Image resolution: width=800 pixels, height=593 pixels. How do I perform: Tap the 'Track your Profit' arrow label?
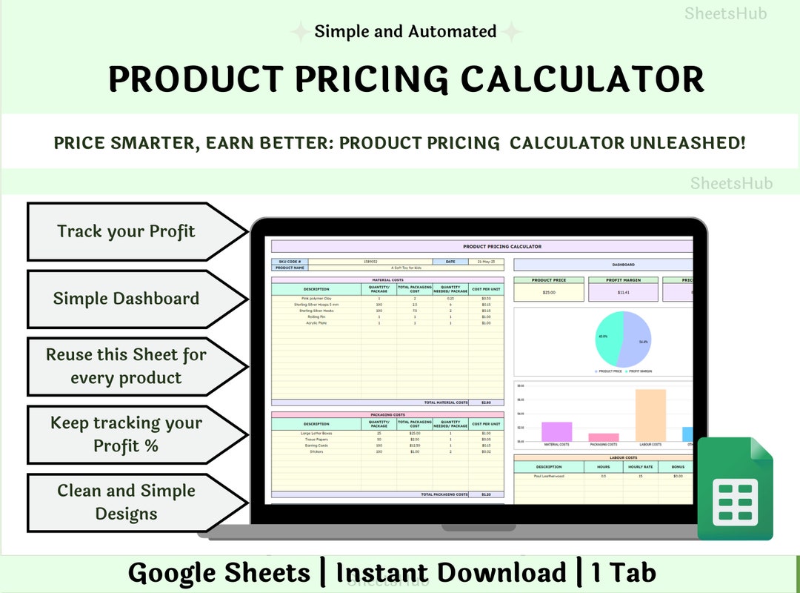pos(126,231)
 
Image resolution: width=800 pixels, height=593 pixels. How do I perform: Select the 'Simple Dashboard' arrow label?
pos(126,299)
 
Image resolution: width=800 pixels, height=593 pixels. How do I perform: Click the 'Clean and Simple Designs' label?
pos(126,502)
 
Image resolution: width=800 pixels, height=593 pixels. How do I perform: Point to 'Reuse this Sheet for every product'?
pos(126,366)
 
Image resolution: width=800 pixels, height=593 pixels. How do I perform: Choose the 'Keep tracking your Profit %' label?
pos(126,434)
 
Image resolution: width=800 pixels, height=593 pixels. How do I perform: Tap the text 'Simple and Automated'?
pos(405,32)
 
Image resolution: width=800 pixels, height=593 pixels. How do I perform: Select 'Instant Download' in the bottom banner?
pos(451,572)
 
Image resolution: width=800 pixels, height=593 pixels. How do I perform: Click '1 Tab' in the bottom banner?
pos(623,572)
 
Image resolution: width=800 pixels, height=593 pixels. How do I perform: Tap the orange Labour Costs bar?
pos(650,415)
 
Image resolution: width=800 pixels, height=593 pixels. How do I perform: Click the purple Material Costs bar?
pos(556,431)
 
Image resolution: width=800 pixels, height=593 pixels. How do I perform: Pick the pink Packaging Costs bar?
pos(604,437)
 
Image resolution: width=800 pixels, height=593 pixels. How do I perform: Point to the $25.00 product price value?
pos(549,292)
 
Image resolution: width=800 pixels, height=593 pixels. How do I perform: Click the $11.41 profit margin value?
pos(624,292)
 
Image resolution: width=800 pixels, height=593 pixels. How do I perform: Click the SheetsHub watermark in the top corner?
pos(725,13)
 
